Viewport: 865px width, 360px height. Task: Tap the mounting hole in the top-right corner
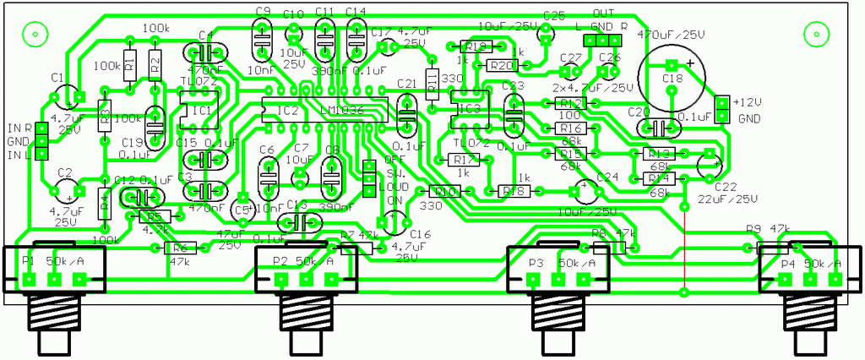(x=816, y=35)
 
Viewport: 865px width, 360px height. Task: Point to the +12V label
(x=747, y=102)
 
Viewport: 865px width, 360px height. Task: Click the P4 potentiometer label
(x=788, y=264)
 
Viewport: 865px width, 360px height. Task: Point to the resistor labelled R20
(x=500, y=65)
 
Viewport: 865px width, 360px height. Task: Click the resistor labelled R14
(x=656, y=179)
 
